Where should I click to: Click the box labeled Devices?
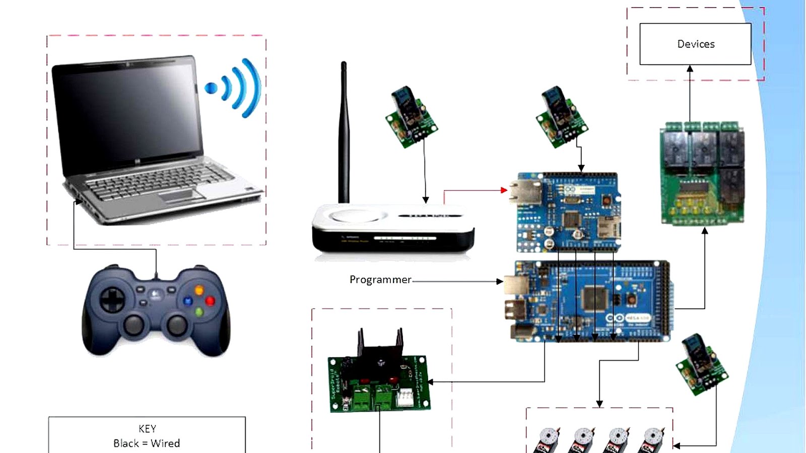tap(695, 44)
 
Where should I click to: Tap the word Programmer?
tap(380, 280)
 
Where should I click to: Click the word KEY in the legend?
tap(147, 429)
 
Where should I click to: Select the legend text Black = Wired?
tap(147, 443)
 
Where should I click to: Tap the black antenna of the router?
tap(344, 131)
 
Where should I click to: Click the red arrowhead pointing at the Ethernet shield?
tap(504, 190)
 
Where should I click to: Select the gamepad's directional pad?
tap(111, 300)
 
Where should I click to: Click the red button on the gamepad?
tap(210, 301)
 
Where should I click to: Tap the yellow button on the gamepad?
tap(199, 290)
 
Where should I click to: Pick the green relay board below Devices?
tap(702, 174)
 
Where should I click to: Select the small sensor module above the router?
tap(411, 118)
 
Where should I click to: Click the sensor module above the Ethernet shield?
tap(561, 117)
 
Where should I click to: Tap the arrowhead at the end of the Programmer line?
tap(500, 281)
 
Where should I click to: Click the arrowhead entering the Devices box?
tap(690, 68)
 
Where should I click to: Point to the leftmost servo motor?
tap(548, 440)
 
